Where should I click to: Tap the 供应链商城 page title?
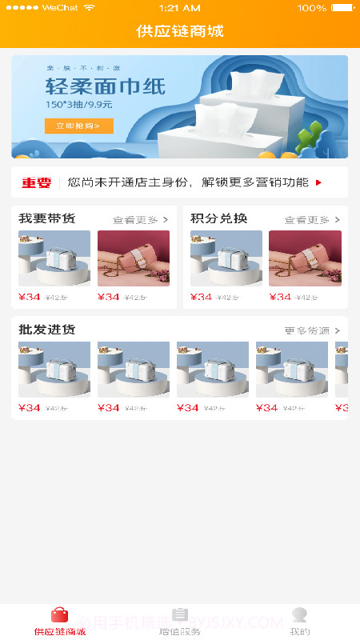coord(180,32)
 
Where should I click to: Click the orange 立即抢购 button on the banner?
coord(78,126)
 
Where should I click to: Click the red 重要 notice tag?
coord(36,182)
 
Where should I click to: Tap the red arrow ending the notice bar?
coord(319,182)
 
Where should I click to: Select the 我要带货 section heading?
coord(47,218)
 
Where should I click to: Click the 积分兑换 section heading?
coord(218,218)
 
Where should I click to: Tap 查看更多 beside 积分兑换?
coord(312,219)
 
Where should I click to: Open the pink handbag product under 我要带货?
coord(134,258)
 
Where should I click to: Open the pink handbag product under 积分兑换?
coord(305,258)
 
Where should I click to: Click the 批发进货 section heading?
coord(47,330)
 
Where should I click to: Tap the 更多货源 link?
coord(312,330)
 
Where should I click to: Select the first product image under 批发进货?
coord(54,370)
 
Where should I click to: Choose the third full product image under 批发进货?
coord(213,370)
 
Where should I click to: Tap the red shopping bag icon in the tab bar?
coord(60,614)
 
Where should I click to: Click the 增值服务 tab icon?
coord(180,614)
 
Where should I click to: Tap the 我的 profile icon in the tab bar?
coord(300,614)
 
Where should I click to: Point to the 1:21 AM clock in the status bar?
coord(180,8)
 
